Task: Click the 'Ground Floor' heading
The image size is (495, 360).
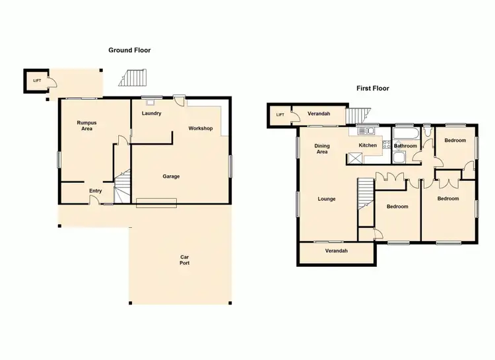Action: coord(129,50)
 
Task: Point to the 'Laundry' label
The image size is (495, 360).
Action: coord(152,114)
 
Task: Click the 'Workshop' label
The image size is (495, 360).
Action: coord(200,128)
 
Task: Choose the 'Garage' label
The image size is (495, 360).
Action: coord(171,176)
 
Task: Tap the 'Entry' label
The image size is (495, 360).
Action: coord(96,192)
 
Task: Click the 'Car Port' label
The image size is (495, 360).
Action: coord(185,260)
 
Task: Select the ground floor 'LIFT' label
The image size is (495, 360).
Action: coord(37,81)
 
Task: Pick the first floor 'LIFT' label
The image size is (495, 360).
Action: coord(280,115)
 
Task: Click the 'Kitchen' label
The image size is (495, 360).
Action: coord(368,145)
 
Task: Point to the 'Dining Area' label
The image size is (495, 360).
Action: coord(322,149)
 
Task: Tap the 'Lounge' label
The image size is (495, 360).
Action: coord(326,199)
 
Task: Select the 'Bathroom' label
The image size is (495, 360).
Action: coord(405,146)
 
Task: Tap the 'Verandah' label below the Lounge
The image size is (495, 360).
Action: coord(337,251)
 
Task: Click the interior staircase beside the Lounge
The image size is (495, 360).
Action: coord(366,193)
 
